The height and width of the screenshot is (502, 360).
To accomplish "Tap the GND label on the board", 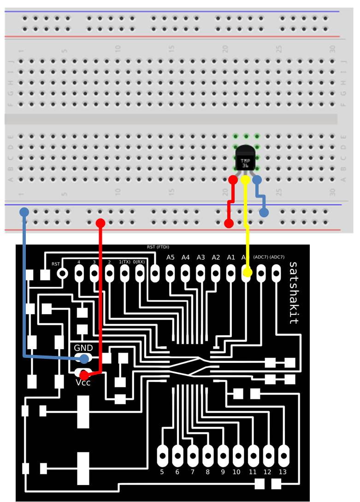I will click(83, 348).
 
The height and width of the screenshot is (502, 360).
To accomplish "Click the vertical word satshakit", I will click(293, 293).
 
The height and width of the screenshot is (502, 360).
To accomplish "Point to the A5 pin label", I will click(171, 257).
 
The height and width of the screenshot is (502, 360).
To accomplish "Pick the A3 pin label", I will click(201, 257).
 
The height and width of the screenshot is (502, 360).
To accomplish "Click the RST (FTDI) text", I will click(158, 247).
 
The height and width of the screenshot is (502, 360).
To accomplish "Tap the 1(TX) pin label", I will click(125, 262).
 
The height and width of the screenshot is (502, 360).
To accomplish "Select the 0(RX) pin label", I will click(140, 262).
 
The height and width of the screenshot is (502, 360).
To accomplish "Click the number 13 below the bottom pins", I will click(283, 472).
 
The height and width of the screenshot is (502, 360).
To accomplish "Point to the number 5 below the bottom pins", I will click(162, 472).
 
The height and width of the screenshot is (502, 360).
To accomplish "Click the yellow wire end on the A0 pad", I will click(247, 273).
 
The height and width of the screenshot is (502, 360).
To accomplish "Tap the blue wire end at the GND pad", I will click(84, 359).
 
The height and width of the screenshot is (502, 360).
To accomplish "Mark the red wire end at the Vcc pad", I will click(84, 375).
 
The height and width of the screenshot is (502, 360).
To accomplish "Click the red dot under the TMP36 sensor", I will click(233, 179).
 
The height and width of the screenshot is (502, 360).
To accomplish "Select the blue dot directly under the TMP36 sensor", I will click(257, 179).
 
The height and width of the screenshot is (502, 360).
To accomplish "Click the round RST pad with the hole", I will click(62, 274).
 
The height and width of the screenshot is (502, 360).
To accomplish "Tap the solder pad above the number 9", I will click(223, 455).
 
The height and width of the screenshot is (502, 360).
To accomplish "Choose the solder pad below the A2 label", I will click(216, 274).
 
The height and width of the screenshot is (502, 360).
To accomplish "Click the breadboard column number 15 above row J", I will click(171, 48).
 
